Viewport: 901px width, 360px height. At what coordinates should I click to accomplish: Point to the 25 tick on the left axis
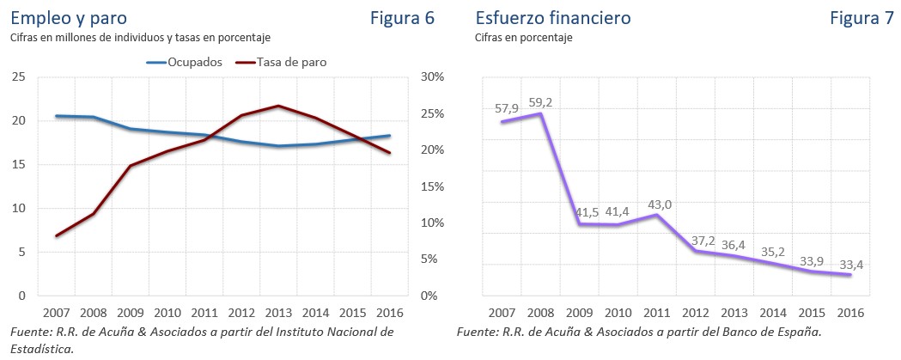[x=18, y=77]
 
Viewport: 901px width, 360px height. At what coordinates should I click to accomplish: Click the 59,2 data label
[x=539, y=102]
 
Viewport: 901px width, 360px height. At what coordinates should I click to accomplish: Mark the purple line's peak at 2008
[x=539, y=113]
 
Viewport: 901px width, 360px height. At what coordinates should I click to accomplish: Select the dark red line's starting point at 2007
[x=56, y=235]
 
